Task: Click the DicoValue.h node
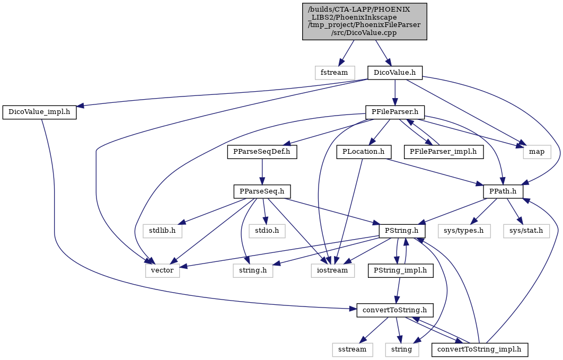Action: tap(394, 73)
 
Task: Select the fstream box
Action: tap(335, 73)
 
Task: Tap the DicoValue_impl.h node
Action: tap(40, 113)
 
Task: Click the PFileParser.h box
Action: tap(395, 112)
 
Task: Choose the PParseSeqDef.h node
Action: tap(262, 152)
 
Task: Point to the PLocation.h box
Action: tap(363, 152)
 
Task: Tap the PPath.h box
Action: tap(503, 192)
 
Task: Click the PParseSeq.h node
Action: tap(262, 192)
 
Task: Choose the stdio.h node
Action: tap(267, 231)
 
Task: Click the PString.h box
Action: tap(402, 231)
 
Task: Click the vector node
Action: tap(162, 270)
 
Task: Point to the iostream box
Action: tap(333, 270)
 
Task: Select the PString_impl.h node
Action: tap(400, 270)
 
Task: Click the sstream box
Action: tap(353, 349)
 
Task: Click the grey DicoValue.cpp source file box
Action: tap(364, 22)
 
